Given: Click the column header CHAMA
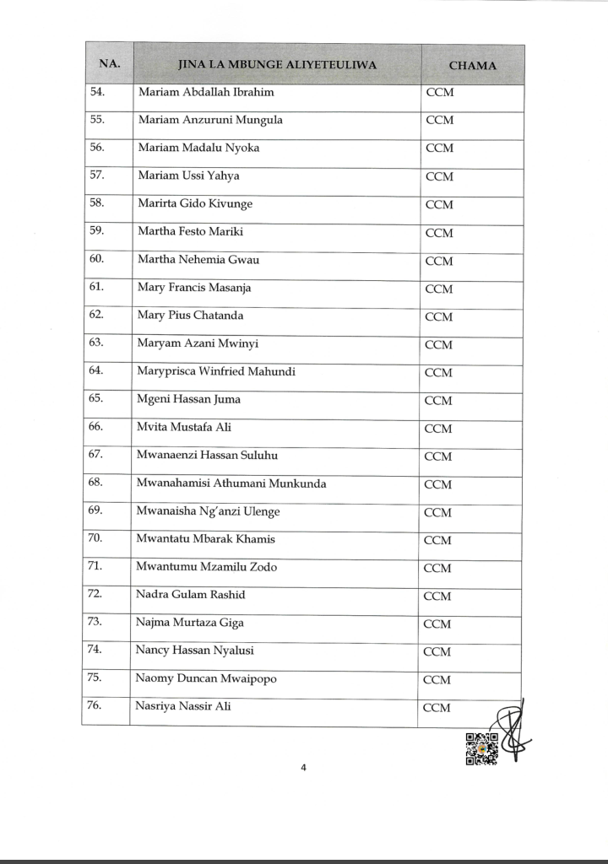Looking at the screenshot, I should click(472, 65).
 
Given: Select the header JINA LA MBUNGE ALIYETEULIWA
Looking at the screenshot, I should click(278, 65).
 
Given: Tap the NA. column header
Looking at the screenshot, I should click(110, 64).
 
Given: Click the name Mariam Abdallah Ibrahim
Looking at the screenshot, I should click(206, 92).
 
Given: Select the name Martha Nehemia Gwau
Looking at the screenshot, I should click(198, 260).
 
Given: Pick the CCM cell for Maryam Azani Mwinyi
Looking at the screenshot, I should click(439, 344).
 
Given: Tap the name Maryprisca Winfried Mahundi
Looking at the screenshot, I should click(216, 371).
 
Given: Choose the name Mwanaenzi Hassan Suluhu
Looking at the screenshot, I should click(207, 456).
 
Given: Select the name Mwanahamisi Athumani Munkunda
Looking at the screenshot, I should click(231, 483).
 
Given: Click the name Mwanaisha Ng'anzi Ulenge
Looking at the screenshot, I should click(208, 511).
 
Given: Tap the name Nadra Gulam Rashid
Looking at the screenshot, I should click(191, 595).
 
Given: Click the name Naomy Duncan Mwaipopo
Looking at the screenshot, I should click(206, 678).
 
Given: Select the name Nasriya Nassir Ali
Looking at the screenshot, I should click(183, 706).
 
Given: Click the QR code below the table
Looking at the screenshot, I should click(481, 749).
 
